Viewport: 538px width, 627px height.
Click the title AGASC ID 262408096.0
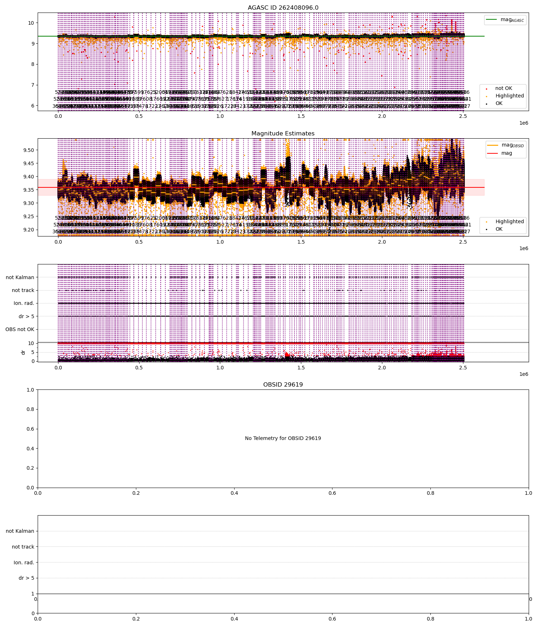(x=283, y=8)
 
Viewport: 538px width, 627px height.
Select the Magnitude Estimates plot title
(x=283, y=134)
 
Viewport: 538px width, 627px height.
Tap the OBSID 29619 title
(x=283, y=385)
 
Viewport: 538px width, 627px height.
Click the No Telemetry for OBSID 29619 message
(x=283, y=438)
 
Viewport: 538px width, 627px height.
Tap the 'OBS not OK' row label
(x=20, y=330)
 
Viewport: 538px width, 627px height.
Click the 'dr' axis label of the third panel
(x=23, y=352)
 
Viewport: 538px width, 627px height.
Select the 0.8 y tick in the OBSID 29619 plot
(x=30, y=410)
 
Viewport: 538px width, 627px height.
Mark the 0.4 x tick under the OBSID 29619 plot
(x=234, y=493)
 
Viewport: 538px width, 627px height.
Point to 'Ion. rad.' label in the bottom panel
(x=24, y=563)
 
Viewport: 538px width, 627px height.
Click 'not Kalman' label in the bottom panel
(x=20, y=531)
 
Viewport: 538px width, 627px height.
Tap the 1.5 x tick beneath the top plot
(x=301, y=116)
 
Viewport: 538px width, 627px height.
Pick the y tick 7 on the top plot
(x=31, y=85)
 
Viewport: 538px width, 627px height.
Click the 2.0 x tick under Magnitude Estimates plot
(x=382, y=242)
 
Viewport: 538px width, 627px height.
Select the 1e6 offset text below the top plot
(x=524, y=123)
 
